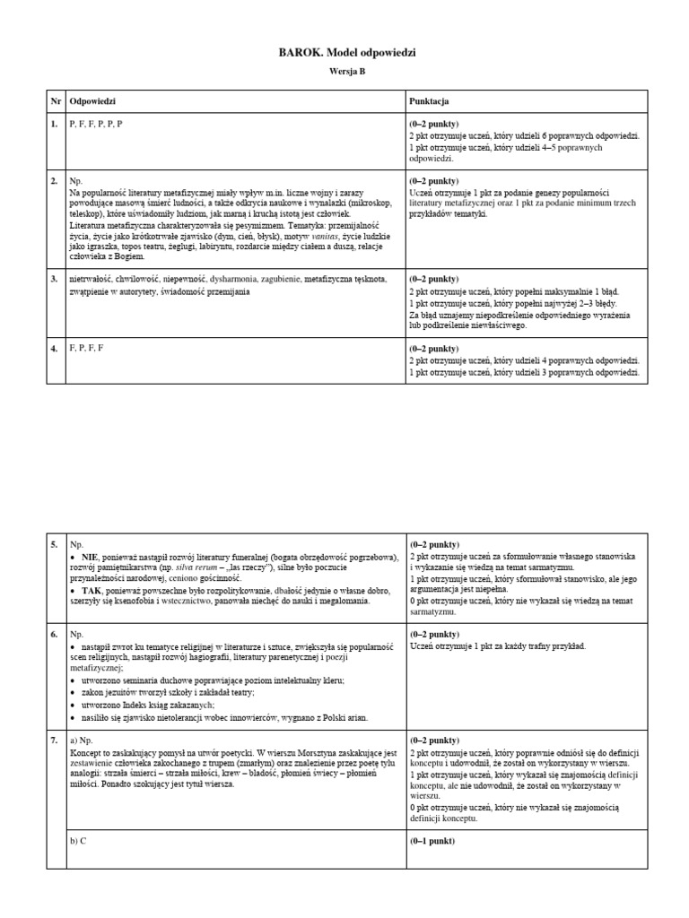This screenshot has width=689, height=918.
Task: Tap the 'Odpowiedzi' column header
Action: [92, 102]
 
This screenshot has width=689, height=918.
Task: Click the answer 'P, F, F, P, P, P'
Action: [96, 124]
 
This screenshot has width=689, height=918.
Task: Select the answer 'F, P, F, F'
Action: [87, 347]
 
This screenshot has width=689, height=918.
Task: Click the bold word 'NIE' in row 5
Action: [91, 557]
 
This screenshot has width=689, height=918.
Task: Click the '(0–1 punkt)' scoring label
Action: [433, 842]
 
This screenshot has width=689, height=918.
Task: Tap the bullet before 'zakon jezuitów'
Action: [74, 693]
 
